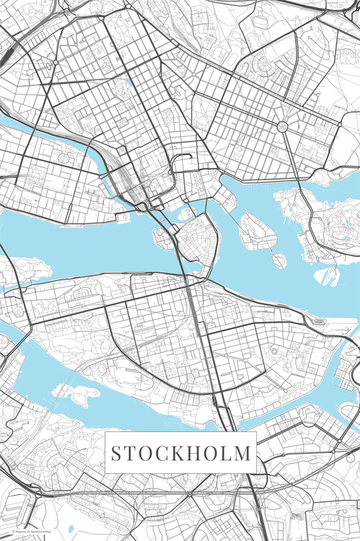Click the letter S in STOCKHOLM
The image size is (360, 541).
point(116,453)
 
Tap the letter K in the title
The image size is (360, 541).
point(176,453)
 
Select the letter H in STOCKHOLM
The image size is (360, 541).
point(194,453)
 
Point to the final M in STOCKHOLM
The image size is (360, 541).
point(244,453)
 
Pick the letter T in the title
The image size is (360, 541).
point(130,453)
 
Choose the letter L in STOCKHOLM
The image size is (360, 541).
point(228,453)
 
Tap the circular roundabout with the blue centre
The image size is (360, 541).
point(282,127)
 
